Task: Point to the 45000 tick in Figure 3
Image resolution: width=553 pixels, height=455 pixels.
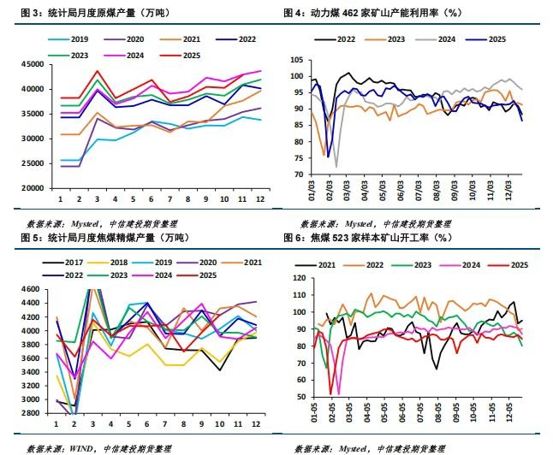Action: [x=34, y=65]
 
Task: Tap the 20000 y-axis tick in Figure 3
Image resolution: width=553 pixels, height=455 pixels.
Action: [x=34, y=188]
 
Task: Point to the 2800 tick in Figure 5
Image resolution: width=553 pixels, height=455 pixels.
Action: [x=37, y=413]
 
